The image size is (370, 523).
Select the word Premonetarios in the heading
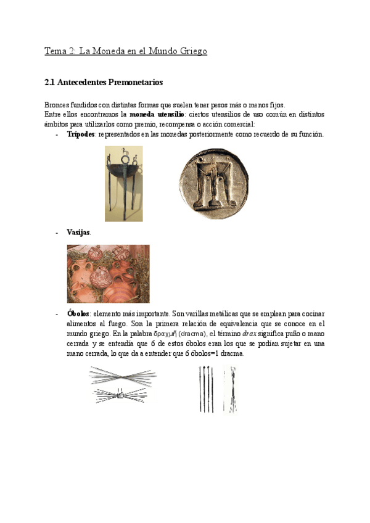point(135,82)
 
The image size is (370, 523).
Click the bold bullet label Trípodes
point(81,134)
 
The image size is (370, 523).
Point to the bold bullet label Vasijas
point(78,233)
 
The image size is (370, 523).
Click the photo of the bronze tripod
point(123,183)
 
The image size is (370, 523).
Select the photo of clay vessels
point(108,273)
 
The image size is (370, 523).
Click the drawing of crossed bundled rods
point(123,384)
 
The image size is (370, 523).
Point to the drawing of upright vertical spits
point(216,389)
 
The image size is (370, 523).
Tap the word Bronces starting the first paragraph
point(59,105)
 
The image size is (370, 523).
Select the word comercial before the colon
point(227,125)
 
